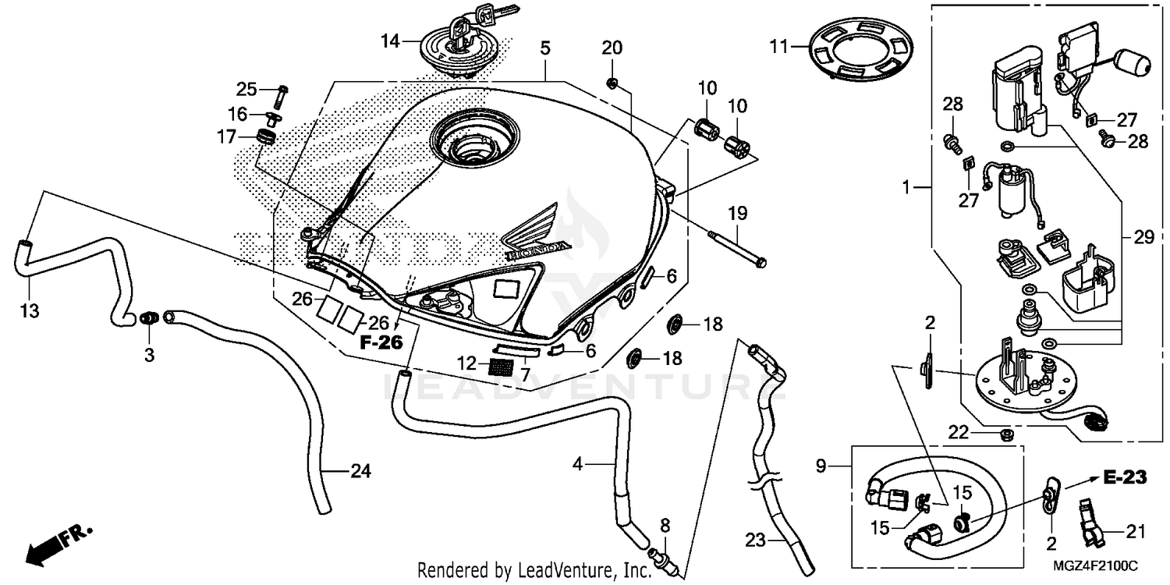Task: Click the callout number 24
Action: (x=360, y=470)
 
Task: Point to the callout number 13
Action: (x=29, y=311)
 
